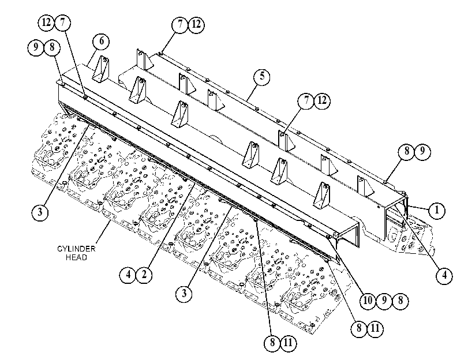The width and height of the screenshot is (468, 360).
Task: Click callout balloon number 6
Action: (101, 42)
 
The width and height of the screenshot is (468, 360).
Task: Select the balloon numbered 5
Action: (262, 76)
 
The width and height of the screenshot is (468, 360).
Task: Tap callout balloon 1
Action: (437, 211)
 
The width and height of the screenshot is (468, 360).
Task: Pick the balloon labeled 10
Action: (368, 301)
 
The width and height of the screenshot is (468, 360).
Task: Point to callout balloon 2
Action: (144, 275)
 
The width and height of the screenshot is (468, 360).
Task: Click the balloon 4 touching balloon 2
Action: (128, 275)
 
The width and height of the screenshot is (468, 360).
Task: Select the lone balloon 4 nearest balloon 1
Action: (444, 276)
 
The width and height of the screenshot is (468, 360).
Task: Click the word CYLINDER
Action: (76, 249)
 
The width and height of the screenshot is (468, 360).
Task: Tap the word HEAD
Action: (76, 257)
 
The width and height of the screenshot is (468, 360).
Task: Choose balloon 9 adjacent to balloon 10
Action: (384, 301)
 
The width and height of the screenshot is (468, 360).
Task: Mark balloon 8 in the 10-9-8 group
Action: (400, 301)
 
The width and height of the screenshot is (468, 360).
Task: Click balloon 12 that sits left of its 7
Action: (46, 22)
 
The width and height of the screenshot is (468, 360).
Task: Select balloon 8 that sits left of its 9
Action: (406, 151)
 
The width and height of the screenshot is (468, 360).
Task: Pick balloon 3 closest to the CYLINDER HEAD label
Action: (40, 212)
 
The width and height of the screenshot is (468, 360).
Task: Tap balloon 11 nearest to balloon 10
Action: (375, 329)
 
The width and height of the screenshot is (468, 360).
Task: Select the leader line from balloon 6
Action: (91, 57)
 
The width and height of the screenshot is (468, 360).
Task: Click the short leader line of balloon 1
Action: (418, 207)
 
